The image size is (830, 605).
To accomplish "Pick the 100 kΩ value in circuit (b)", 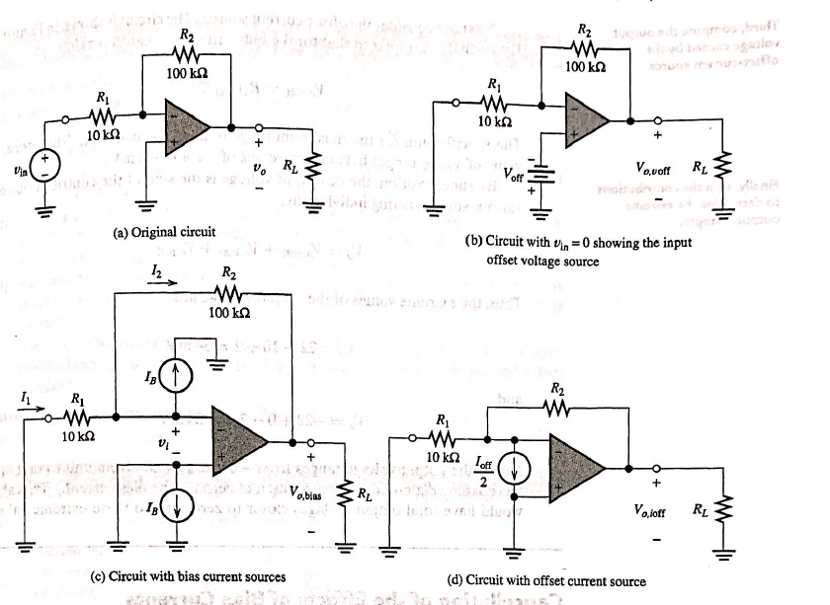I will pos(588,66).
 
